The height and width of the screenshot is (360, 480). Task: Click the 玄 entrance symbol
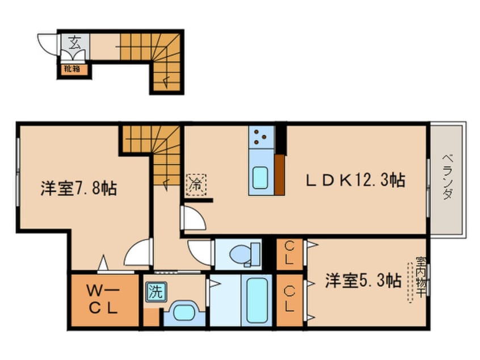pyautogui.click(x=75, y=42)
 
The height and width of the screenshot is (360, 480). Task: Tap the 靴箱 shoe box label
pyautogui.click(x=72, y=69)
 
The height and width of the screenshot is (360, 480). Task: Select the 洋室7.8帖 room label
pyautogui.click(x=79, y=188)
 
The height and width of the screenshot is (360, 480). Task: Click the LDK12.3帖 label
pyautogui.click(x=356, y=180)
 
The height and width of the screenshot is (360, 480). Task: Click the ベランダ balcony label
pyautogui.click(x=448, y=177)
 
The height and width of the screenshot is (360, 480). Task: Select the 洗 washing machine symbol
pyautogui.click(x=156, y=292)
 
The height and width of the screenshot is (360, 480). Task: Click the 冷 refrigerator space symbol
pyautogui.click(x=196, y=185)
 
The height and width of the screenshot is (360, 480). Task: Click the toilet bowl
pyautogui.click(x=245, y=254)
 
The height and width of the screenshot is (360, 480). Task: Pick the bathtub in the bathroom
pyautogui.click(x=257, y=300)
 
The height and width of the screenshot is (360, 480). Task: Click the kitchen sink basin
pyautogui.click(x=260, y=178)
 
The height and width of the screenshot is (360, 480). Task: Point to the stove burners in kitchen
pyautogui.click(x=261, y=137)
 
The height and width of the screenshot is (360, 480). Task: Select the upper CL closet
pyautogui.click(x=289, y=254)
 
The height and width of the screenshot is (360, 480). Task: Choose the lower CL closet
pyautogui.click(x=289, y=300)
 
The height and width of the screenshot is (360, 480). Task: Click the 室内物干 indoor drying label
pyautogui.click(x=420, y=277)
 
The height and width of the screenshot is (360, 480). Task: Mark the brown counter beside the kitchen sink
pyautogui.click(x=280, y=175)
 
